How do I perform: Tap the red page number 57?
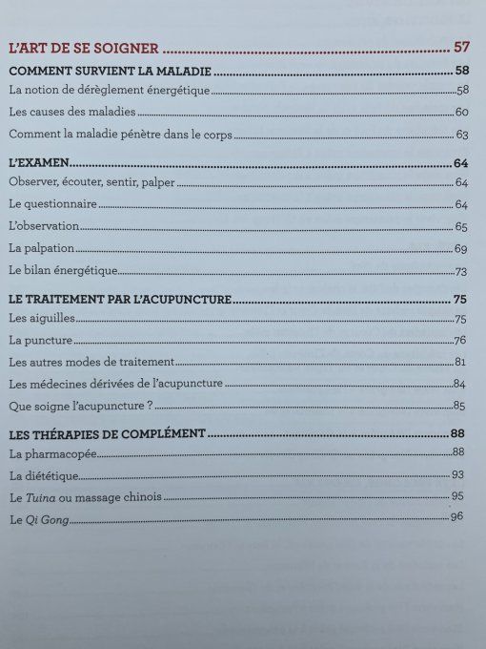pos(462,47)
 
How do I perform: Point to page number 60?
pos(462,113)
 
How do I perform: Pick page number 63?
pos(462,136)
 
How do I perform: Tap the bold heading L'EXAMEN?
pos(36,162)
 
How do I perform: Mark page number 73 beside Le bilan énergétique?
pos(463,271)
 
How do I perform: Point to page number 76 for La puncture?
pos(461,341)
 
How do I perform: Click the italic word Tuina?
pos(40,496)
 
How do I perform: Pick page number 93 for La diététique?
pos(458,473)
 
